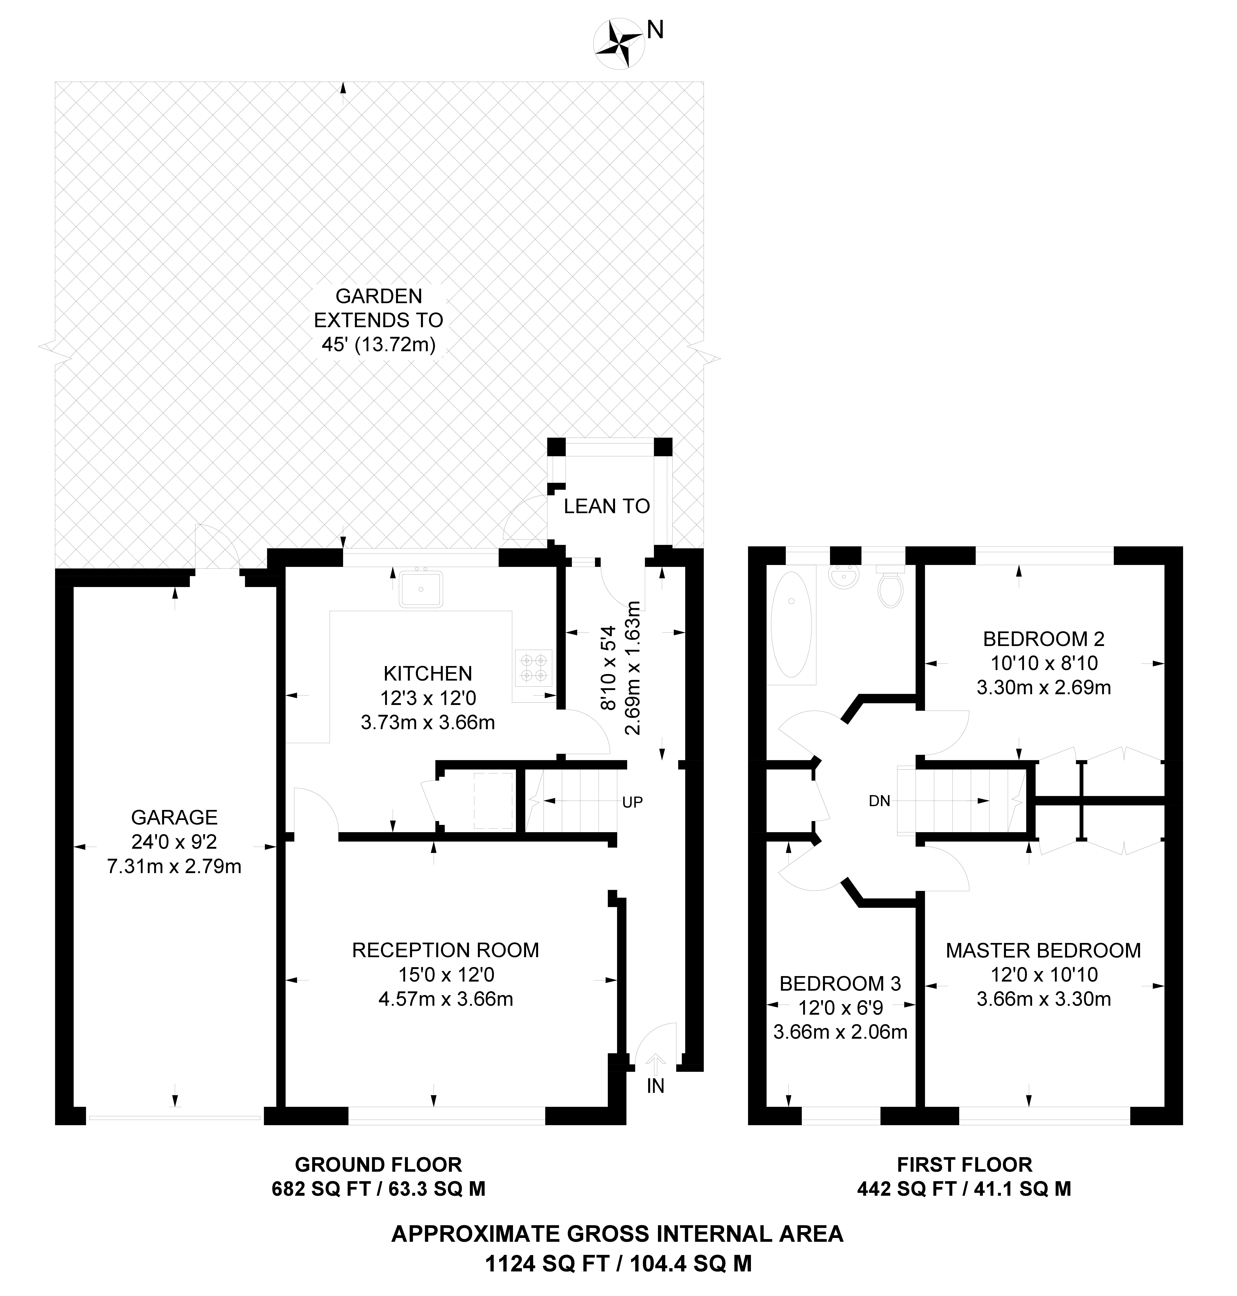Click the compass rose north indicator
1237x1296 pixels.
618,44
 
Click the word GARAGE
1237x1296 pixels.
174,818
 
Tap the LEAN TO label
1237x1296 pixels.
607,507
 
